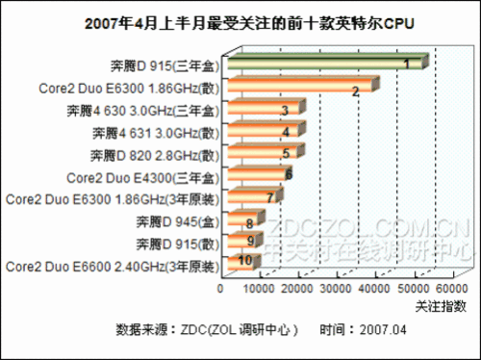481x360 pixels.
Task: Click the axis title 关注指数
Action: [441, 305]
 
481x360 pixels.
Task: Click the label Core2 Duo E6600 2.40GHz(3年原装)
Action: [112, 263]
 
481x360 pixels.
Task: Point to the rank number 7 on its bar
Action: [271, 197]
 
